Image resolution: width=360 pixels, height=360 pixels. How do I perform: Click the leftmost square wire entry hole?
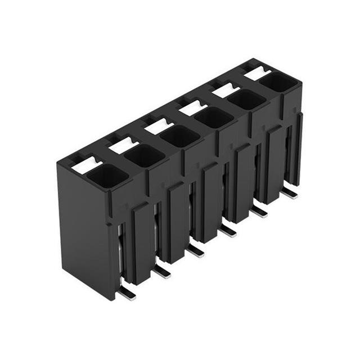[x=107, y=177]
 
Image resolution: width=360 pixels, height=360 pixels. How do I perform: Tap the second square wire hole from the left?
[x=143, y=155]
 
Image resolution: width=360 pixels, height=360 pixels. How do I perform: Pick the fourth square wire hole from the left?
[x=213, y=117]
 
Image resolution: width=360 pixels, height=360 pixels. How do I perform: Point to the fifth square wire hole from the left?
[x=246, y=100]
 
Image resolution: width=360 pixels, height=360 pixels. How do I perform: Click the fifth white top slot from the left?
[x=226, y=90]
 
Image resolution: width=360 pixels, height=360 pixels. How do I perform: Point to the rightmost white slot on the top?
[x=257, y=73]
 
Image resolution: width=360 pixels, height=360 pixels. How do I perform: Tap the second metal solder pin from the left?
[x=162, y=271]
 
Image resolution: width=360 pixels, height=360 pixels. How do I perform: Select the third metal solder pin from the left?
[x=196, y=250]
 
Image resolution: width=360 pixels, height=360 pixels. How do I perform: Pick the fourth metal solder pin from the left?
[x=228, y=230]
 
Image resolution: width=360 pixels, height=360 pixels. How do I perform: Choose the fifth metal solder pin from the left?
[x=259, y=211]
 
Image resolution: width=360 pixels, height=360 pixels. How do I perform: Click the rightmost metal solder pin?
[x=289, y=192]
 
